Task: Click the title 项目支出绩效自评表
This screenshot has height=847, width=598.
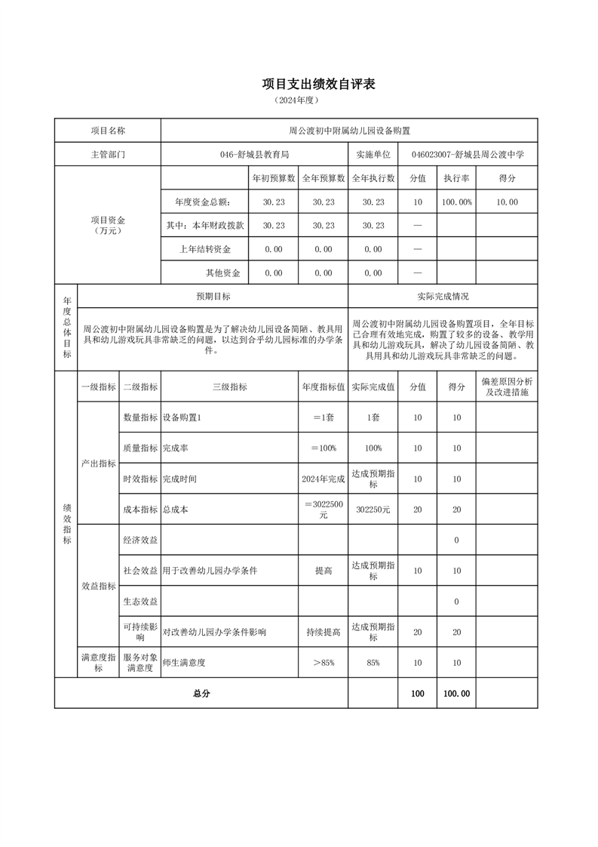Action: click(x=318, y=84)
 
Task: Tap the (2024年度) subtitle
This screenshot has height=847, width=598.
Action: click(x=298, y=100)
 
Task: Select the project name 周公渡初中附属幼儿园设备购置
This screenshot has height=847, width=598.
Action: click(x=349, y=131)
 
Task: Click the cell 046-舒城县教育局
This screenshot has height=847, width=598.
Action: click(x=254, y=154)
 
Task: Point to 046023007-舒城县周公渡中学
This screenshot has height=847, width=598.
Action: click(x=468, y=154)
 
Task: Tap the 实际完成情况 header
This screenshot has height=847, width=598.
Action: click(x=443, y=297)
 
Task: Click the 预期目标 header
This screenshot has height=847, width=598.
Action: click(x=213, y=297)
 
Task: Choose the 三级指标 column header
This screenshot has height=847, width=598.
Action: click(x=229, y=387)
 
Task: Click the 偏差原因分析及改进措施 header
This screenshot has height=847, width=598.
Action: click(x=507, y=387)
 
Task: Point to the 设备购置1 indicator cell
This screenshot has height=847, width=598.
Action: click(x=182, y=417)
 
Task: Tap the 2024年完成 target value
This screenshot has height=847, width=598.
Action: click(x=323, y=479)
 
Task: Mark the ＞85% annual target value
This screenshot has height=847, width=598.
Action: click(x=323, y=662)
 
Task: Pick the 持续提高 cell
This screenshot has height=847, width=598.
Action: click(x=323, y=632)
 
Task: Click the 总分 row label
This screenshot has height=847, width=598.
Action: click(x=201, y=694)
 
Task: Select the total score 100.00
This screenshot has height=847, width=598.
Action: click(x=456, y=694)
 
